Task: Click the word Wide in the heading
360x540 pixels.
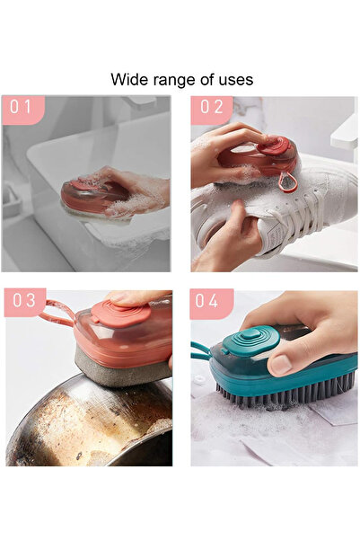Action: pyautogui.click(x=128, y=80)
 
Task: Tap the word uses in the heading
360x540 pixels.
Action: pyautogui.click(x=235, y=80)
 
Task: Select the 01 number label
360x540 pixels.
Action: pyautogui.click(x=22, y=108)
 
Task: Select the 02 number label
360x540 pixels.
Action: pyautogui.click(x=211, y=108)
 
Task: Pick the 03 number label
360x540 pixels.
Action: pyautogui.click(x=22, y=301)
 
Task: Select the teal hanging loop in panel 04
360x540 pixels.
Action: pyautogui.click(x=199, y=355)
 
